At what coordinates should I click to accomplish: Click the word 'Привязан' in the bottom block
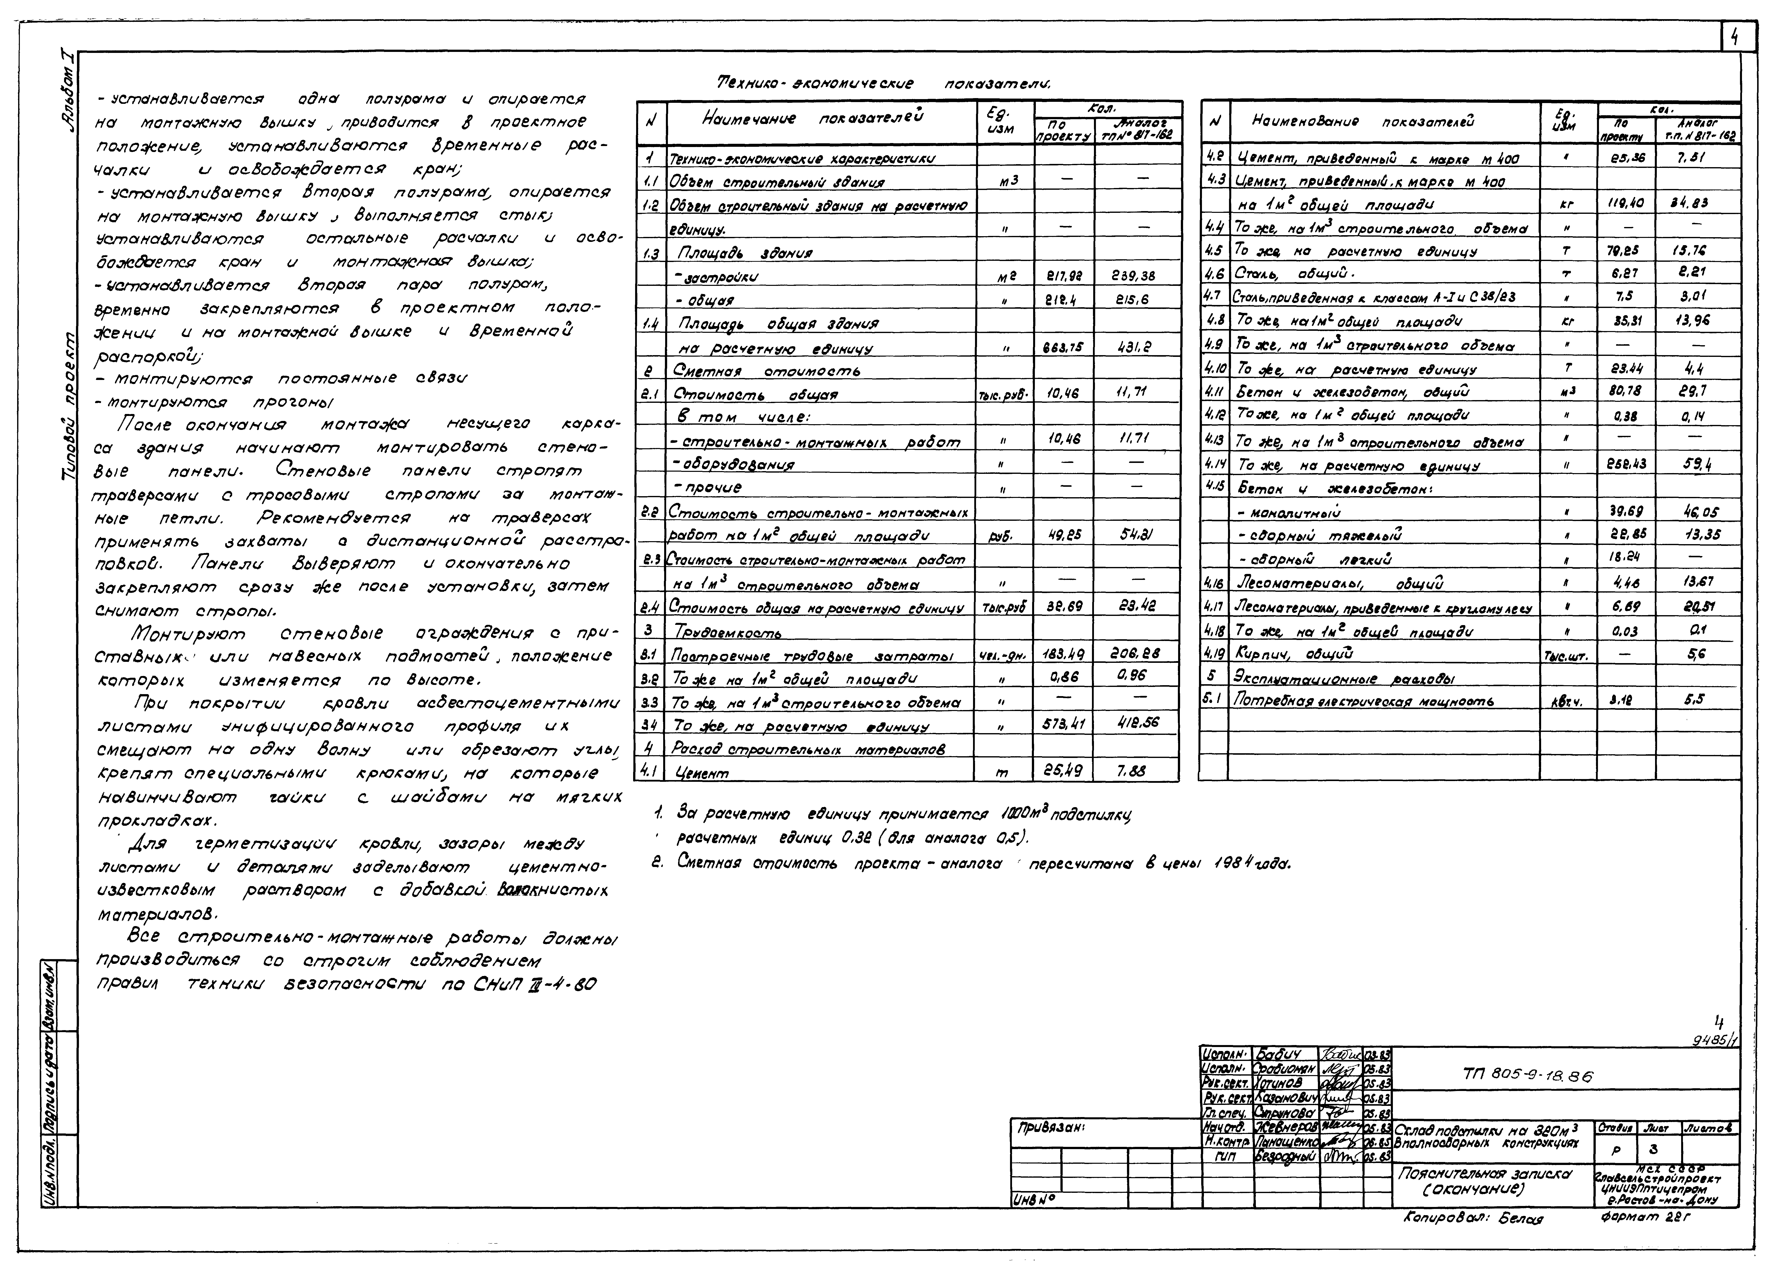coord(1052,1128)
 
